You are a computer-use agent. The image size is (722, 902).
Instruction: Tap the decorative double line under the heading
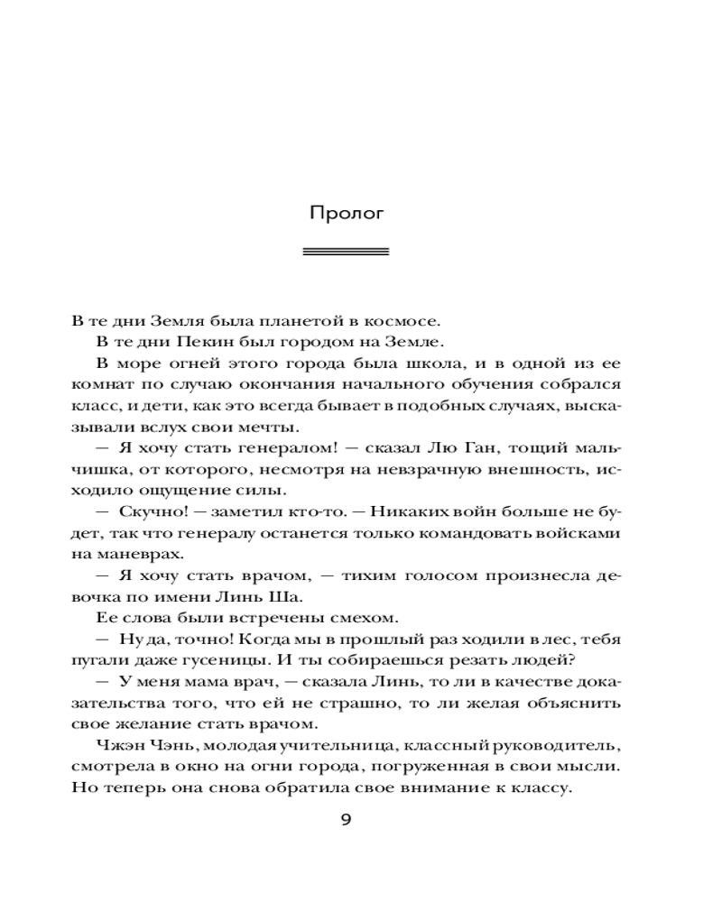[x=347, y=252]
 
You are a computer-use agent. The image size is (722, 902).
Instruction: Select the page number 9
[x=346, y=820]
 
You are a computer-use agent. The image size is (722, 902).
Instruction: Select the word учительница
[x=337, y=744]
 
